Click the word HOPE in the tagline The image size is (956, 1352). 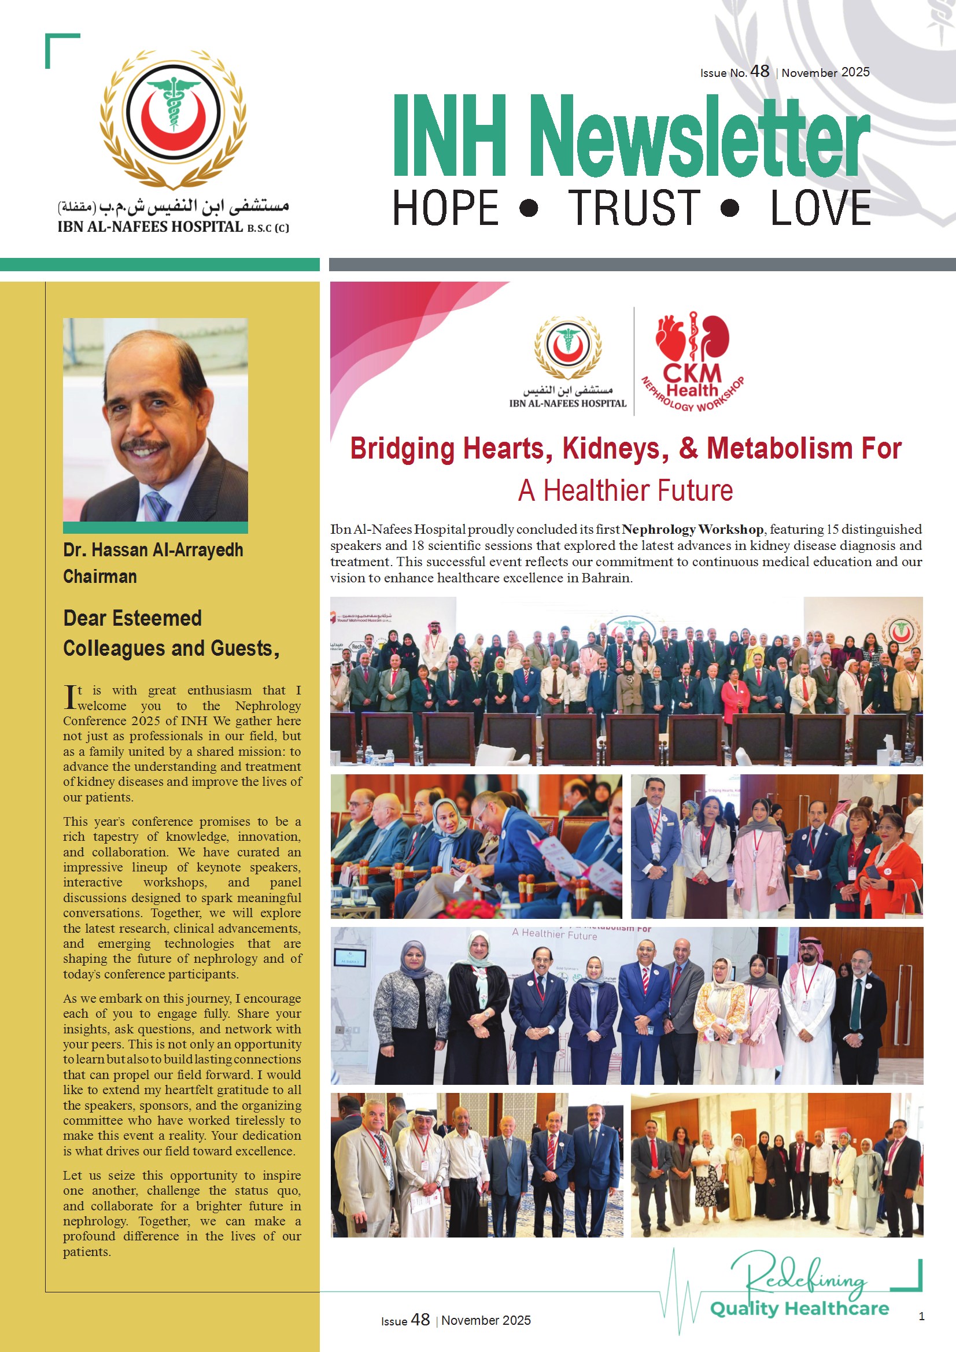pos(445,208)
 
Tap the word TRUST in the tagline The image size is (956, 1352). pos(634,208)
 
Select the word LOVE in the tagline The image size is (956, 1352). pos(821,208)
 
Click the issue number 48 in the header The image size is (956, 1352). pos(759,71)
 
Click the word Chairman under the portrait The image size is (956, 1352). pos(100,577)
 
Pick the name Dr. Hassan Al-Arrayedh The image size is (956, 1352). pos(153,550)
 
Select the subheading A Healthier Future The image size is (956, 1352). pos(625,490)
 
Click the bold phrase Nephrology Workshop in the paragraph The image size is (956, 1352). pos(693,529)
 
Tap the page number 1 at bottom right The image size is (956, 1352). pos(921,1316)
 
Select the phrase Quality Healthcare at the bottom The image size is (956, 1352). pos(799,1309)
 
